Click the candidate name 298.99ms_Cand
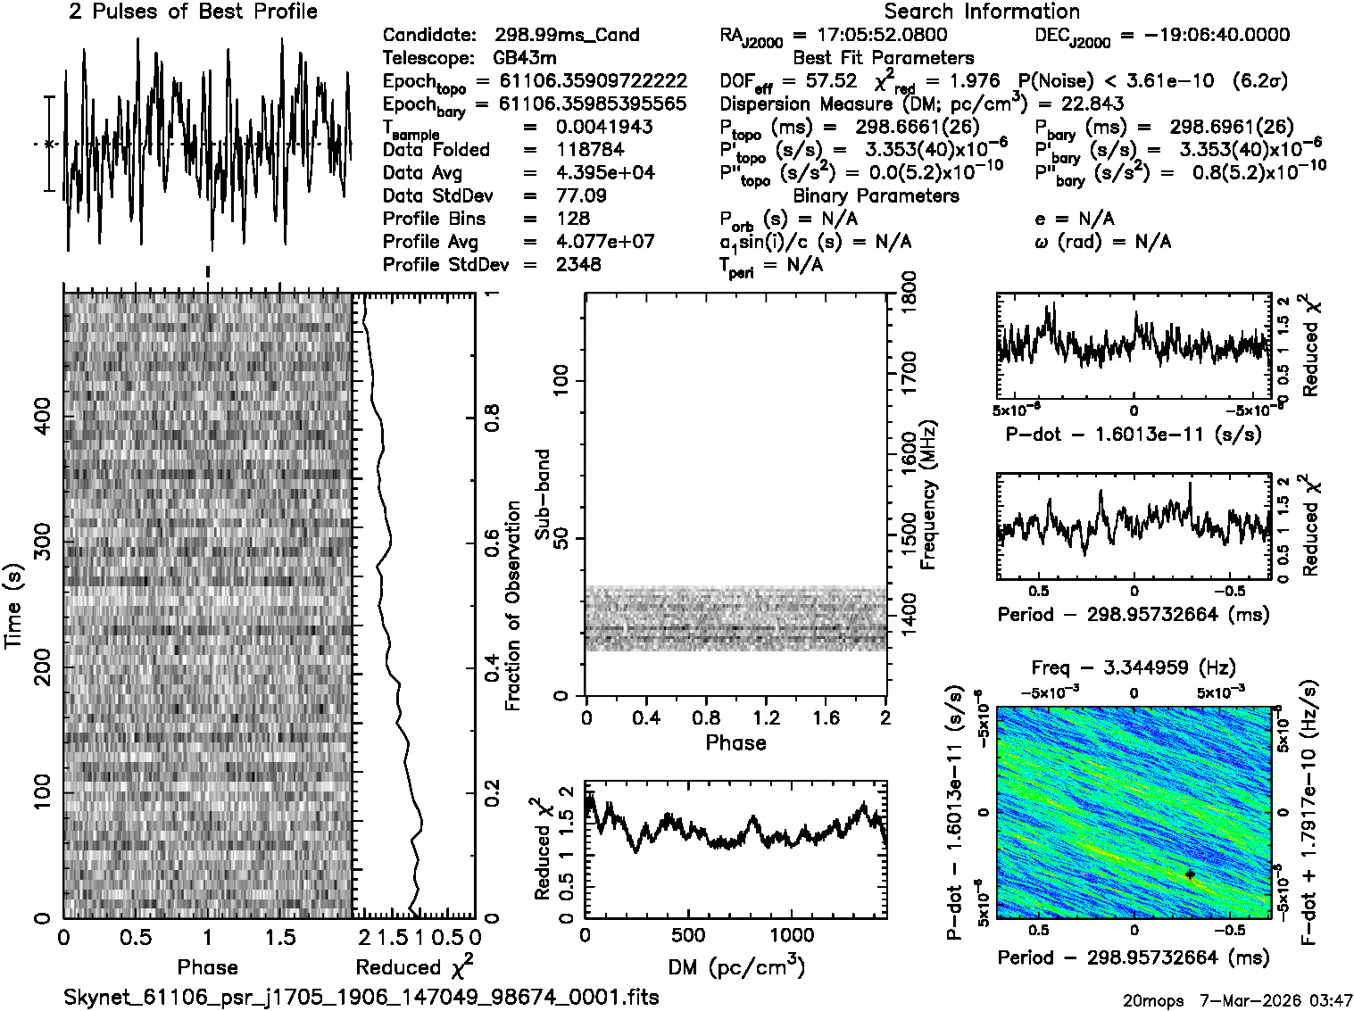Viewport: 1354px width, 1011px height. click(567, 35)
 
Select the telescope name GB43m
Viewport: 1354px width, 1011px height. click(524, 58)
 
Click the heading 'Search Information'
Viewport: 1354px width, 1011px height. click(982, 12)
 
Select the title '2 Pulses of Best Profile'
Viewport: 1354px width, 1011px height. click(193, 12)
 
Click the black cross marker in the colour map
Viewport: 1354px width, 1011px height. click(1190, 874)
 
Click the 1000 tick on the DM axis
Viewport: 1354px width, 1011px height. click(791, 935)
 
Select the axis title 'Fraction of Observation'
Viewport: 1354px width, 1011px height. click(512, 606)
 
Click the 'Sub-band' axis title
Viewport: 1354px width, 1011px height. click(543, 494)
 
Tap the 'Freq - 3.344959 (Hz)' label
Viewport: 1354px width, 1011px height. click(1134, 667)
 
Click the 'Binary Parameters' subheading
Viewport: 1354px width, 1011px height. click(876, 195)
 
